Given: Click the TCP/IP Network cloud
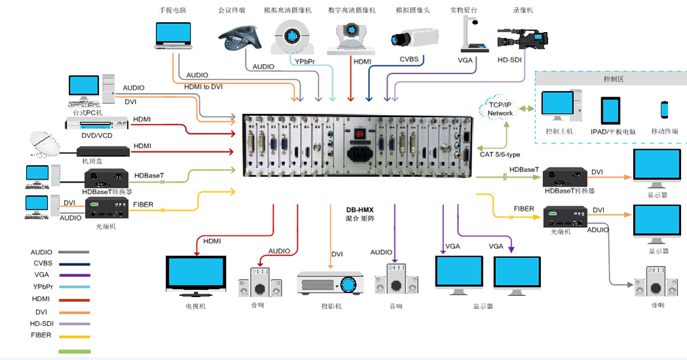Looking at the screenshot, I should (500, 109).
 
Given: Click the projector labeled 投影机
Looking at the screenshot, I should (330, 283).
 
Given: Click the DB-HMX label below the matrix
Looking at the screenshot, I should (359, 210).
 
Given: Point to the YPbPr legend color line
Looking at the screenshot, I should (74, 287).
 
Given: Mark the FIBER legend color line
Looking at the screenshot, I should (74, 336).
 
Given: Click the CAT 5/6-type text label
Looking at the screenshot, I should (500, 154).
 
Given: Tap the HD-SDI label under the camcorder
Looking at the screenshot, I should (511, 60).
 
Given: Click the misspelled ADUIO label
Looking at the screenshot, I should (597, 230).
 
